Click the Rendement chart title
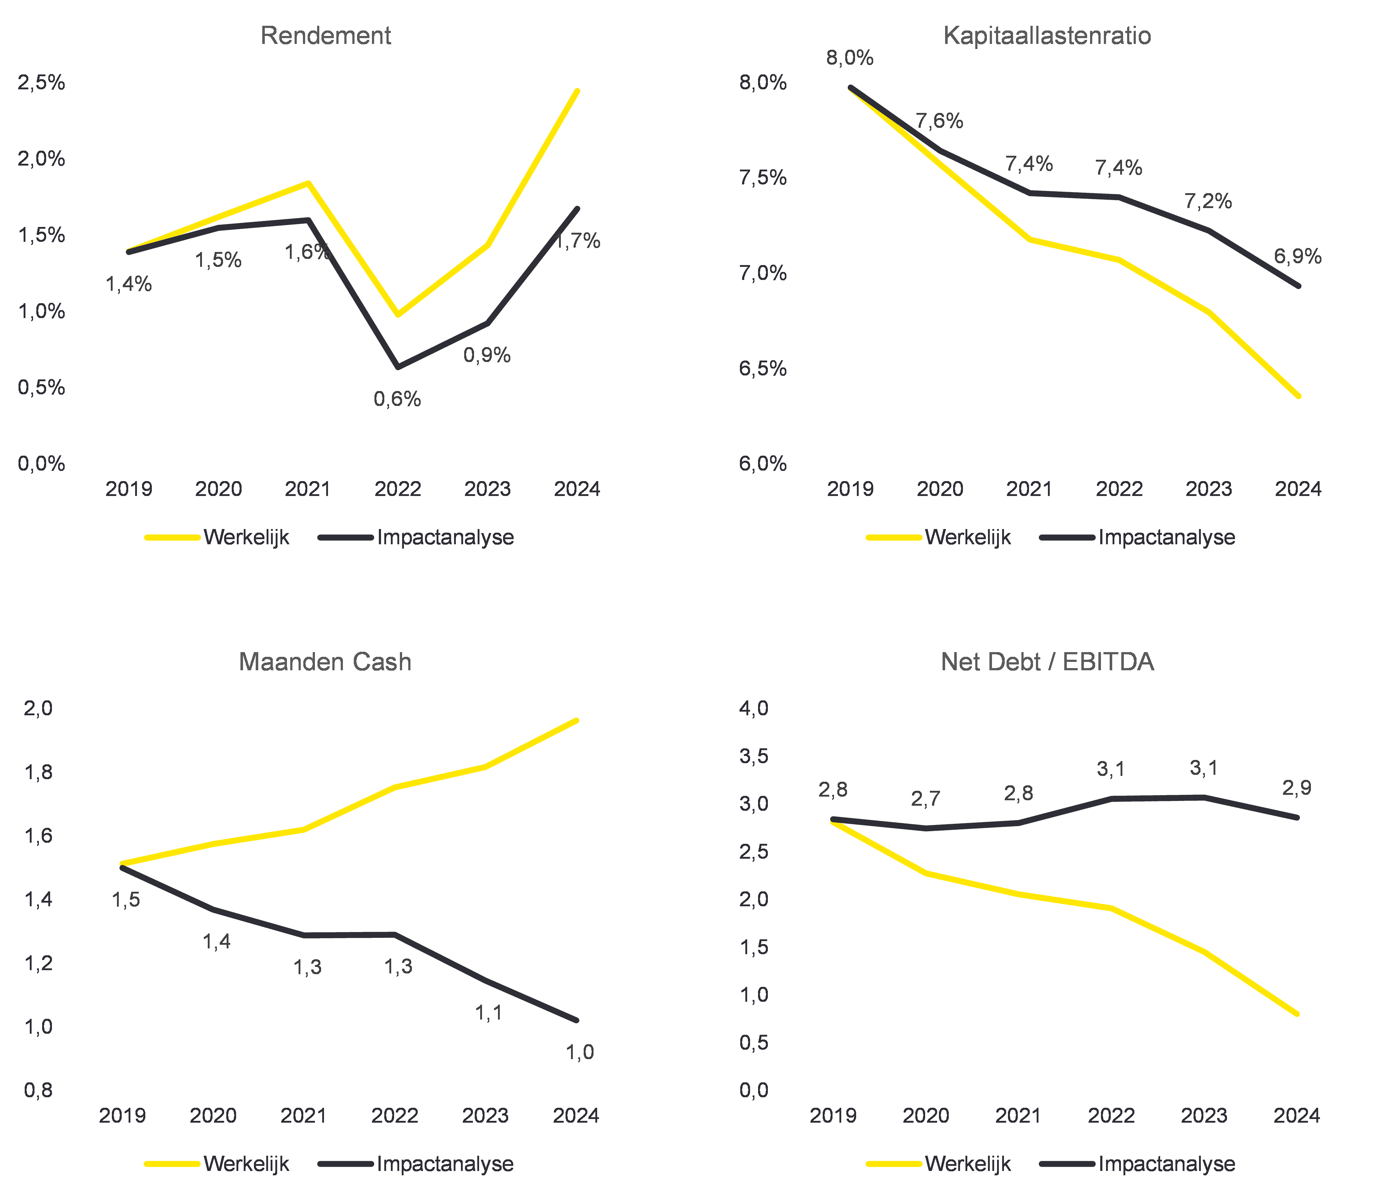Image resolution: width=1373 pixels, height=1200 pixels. click(x=325, y=36)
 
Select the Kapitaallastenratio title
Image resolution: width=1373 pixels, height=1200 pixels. click(x=1047, y=36)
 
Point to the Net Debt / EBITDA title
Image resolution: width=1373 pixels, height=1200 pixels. click(x=1047, y=662)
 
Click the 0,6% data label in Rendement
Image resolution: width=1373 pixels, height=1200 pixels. click(x=397, y=399)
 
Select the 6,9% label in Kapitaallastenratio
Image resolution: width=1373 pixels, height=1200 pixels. click(x=1297, y=256)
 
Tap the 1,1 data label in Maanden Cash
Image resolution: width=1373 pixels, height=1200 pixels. click(x=488, y=1013)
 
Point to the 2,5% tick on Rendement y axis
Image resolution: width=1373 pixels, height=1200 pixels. click(x=41, y=82)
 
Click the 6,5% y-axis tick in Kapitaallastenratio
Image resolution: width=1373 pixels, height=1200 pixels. click(x=763, y=368)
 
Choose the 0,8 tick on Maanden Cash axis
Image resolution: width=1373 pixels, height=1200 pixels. click(x=38, y=1090)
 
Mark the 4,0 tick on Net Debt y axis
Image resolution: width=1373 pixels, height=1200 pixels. click(x=753, y=708)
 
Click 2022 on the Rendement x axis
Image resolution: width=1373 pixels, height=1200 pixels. click(x=397, y=489)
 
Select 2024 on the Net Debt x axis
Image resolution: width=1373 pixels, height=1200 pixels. click(x=1297, y=1116)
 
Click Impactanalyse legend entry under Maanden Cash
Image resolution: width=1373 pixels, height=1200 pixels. click(x=445, y=1164)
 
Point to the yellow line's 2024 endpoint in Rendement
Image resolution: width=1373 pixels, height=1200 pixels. click(x=577, y=91)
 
